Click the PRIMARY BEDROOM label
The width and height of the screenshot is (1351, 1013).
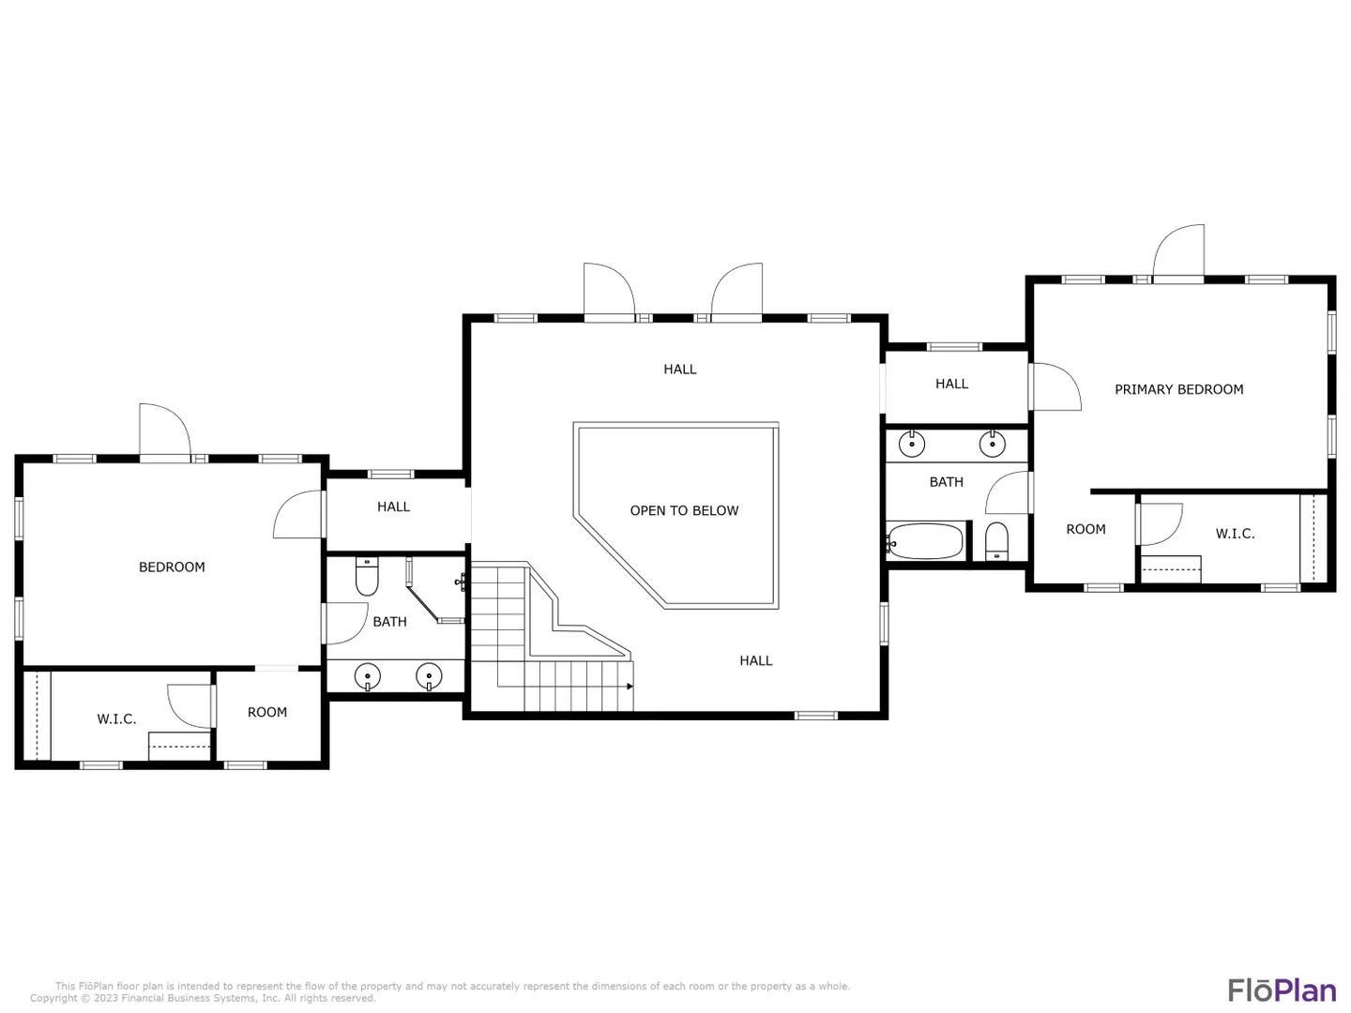pos(1178,389)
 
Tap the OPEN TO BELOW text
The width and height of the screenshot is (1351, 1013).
pos(684,510)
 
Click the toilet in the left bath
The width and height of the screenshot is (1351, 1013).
pos(367,576)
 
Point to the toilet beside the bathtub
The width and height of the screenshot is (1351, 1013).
pos(996,541)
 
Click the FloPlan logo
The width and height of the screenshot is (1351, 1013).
pos(1282,990)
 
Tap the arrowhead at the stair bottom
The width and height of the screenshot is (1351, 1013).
pos(630,687)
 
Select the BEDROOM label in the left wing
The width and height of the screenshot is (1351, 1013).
pos(172,567)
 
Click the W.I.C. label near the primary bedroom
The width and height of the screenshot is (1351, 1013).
pos(1235,534)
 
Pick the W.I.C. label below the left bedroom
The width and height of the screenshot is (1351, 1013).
pos(116,719)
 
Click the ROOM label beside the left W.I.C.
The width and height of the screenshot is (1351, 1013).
pos(267,712)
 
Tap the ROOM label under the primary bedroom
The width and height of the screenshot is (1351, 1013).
pos(1085,529)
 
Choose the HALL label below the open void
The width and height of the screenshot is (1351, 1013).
pos(756,660)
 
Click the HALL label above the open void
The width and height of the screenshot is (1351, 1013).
pos(679,369)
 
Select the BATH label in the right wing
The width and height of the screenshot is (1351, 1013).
pos(946,482)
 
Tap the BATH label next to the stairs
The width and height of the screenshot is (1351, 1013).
pos(389,622)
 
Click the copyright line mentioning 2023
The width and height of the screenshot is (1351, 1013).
pos(203,998)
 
